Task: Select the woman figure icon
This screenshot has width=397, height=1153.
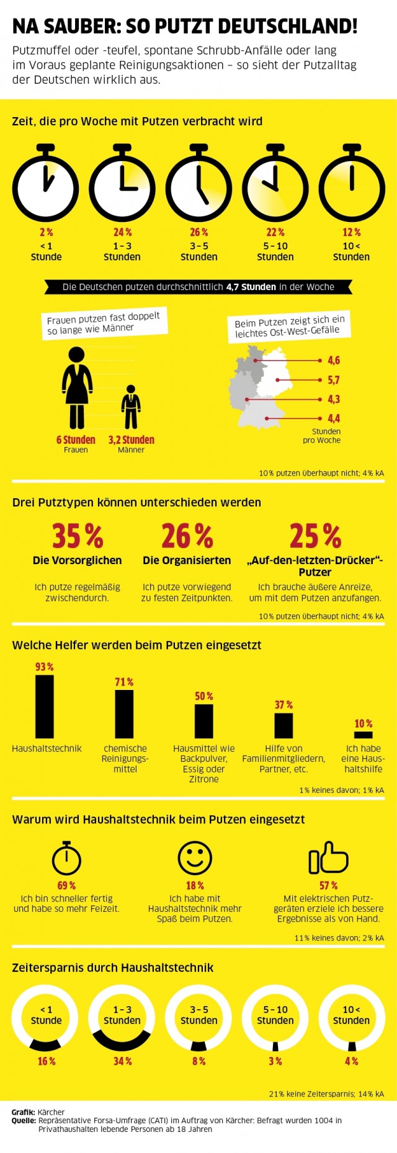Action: coord(76,388)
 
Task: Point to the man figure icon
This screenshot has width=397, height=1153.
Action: coord(131,407)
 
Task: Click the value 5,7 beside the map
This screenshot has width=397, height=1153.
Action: coord(334,380)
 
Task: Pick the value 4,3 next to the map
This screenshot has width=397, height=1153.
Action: coord(334,399)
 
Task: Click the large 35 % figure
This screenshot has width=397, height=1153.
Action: coord(78,536)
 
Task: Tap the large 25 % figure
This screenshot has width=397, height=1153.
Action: coord(315,536)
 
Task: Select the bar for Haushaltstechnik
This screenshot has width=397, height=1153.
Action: coord(45,706)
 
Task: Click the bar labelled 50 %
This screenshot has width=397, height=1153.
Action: coord(204,721)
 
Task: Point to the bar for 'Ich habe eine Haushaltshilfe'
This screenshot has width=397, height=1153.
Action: coord(364,735)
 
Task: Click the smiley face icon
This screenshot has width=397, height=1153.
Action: coord(195,858)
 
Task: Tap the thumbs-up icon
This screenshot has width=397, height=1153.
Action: coord(328,858)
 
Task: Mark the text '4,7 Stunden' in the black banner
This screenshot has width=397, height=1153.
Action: coord(251,287)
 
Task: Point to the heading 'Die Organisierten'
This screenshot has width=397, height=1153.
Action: coord(187,560)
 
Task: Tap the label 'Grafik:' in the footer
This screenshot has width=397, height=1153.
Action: coord(23,1112)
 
